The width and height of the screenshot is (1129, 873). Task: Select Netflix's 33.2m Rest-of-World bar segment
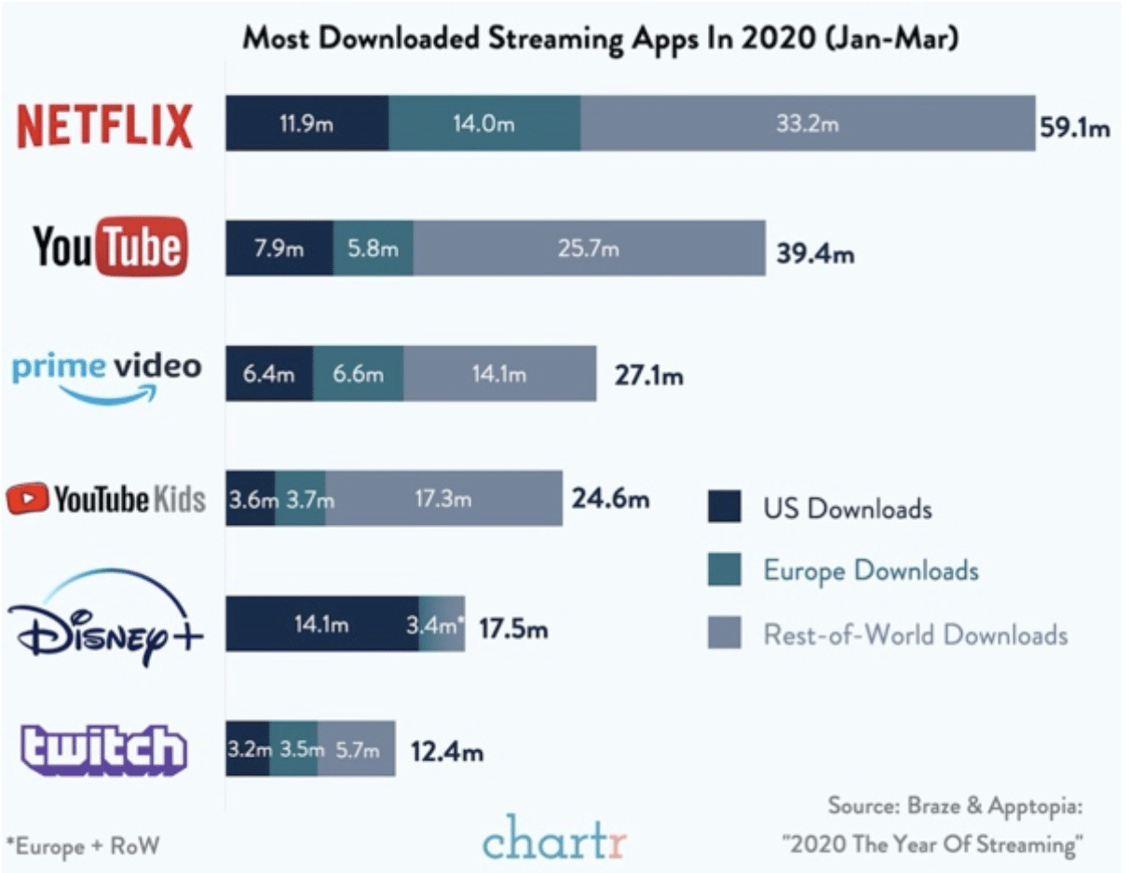pos(808,123)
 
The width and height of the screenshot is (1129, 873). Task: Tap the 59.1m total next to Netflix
pos(1074,128)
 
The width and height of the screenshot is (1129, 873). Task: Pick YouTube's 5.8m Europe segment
pos(373,248)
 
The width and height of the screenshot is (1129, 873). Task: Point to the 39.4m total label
pos(815,252)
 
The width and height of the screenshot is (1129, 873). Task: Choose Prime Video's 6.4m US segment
pos(269,374)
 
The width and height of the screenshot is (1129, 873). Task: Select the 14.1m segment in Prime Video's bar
pos(500,374)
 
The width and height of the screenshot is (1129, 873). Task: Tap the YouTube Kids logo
pos(105,499)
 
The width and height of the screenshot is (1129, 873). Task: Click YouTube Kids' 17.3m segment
pos(443,499)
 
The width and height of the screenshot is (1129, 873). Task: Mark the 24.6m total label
pos(610,500)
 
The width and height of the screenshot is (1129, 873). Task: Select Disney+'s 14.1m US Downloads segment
pos(321,624)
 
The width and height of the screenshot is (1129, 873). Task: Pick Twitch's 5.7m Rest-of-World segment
pos(357,748)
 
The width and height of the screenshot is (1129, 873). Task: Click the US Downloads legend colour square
pos(724,508)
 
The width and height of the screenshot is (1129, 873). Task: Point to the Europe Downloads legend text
pos(871,570)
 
